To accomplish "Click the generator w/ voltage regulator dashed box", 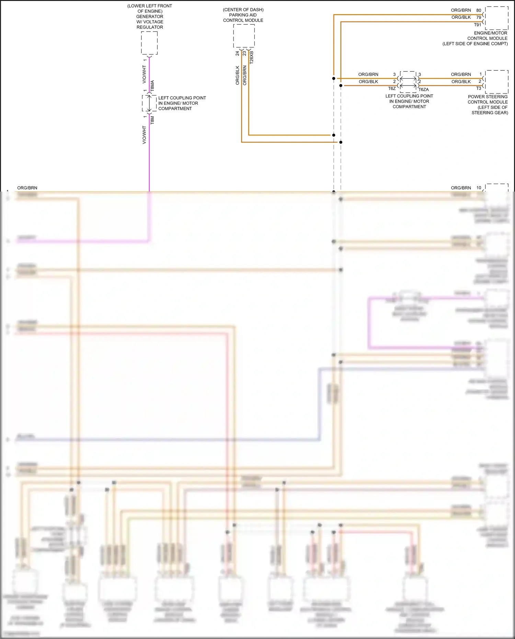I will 149,43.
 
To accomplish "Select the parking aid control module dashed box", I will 244,36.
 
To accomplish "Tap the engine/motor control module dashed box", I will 496,18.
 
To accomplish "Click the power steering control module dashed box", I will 496,82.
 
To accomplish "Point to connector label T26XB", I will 251,57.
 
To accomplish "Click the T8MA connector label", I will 152,85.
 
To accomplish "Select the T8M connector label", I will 152,120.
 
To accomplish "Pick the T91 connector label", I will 478,25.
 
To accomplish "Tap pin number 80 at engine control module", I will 479,10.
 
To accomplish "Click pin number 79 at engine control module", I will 479,17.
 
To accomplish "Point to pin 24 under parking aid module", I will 237,54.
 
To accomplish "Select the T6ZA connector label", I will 423,89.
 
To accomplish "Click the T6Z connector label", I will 392,89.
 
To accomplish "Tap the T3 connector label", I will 479,88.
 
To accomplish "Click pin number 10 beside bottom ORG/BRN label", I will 479,188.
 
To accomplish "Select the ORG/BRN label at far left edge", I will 27,188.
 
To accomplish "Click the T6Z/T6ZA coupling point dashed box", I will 408,82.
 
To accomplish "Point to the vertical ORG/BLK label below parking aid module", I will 237,75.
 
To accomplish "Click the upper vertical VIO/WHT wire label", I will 144,74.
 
